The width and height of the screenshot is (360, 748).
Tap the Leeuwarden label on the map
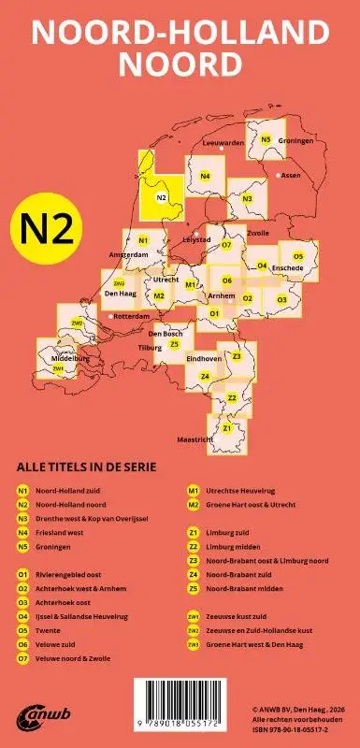click(223, 143)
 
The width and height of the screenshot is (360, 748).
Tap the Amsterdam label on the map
click(129, 255)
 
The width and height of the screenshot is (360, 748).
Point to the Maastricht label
click(195, 439)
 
